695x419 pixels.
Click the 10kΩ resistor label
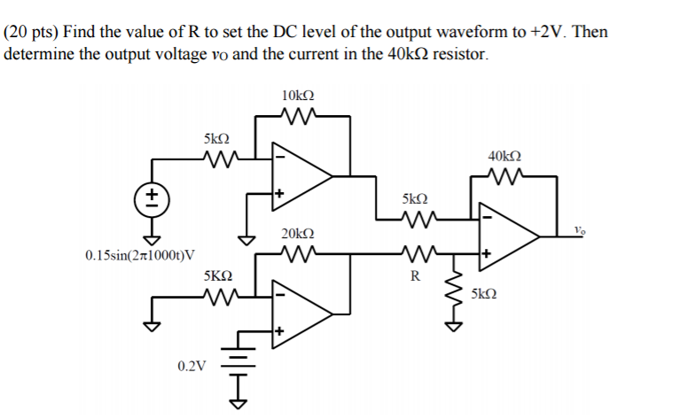(x=297, y=96)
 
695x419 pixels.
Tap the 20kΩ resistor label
(x=297, y=234)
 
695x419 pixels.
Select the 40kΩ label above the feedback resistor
(x=504, y=156)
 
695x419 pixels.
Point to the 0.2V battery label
(x=190, y=365)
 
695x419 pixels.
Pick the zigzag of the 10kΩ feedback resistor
(x=297, y=115)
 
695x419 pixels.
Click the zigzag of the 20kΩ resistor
(x=297, y=253)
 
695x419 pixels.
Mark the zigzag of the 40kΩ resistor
(x=504, y=175)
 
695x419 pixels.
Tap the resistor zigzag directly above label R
(x=414, y=254)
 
